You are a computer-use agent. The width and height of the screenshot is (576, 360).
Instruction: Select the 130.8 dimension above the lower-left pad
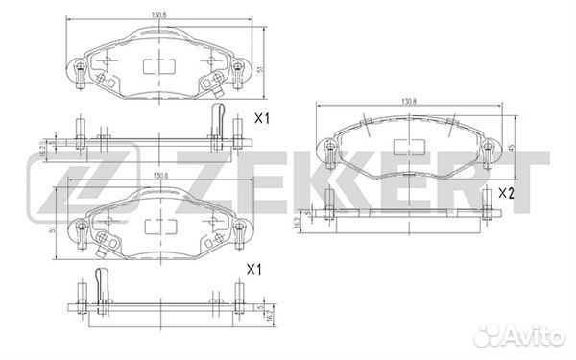[158, 178]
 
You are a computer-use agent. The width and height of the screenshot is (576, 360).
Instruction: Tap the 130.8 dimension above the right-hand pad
[408, 99]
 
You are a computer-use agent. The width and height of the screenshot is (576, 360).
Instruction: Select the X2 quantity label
[506, 193]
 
